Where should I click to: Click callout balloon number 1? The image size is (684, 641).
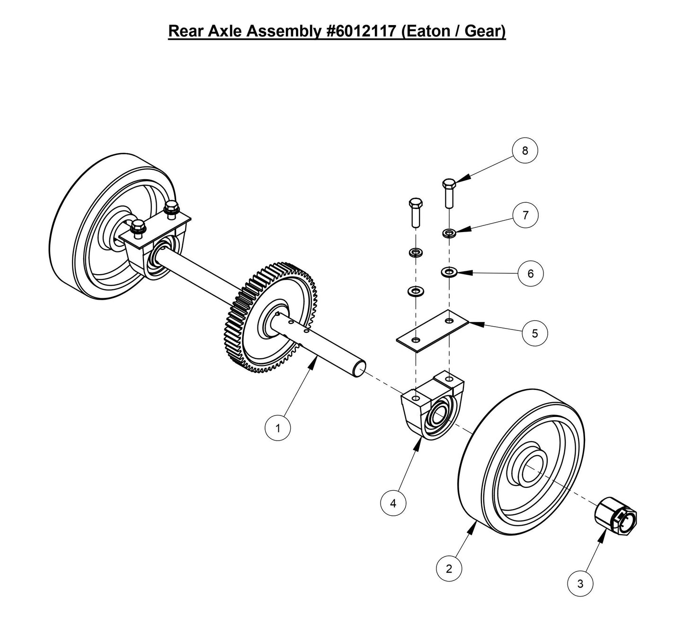coord(277,428)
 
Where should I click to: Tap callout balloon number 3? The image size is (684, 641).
coord(580,584)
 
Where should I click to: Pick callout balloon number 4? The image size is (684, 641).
coord(393,503)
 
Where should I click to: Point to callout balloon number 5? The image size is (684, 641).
coord(535,333)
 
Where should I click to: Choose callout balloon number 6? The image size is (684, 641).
coord(531,274)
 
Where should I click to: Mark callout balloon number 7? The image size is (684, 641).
coord(525,215)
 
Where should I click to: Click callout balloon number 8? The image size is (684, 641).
coord(524,151)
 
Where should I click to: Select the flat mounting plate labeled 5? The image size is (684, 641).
coord(432,330)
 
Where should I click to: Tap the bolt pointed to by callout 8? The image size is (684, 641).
coord(449,192)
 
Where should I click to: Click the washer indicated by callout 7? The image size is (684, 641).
coord(449,233)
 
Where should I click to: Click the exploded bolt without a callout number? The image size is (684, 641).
coord(415,212)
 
